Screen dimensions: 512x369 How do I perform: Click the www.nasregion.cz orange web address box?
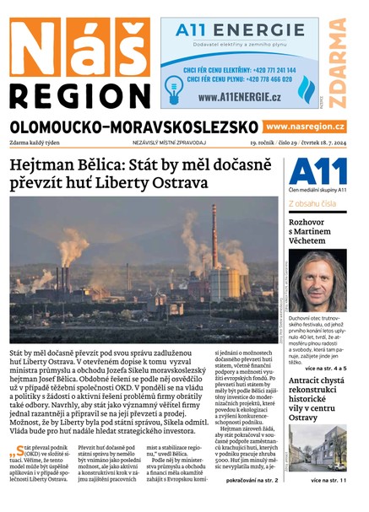click(306, 127)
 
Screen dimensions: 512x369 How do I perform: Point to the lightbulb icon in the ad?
click(175, 84)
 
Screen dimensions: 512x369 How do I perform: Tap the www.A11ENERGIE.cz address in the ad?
click(240, 97)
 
